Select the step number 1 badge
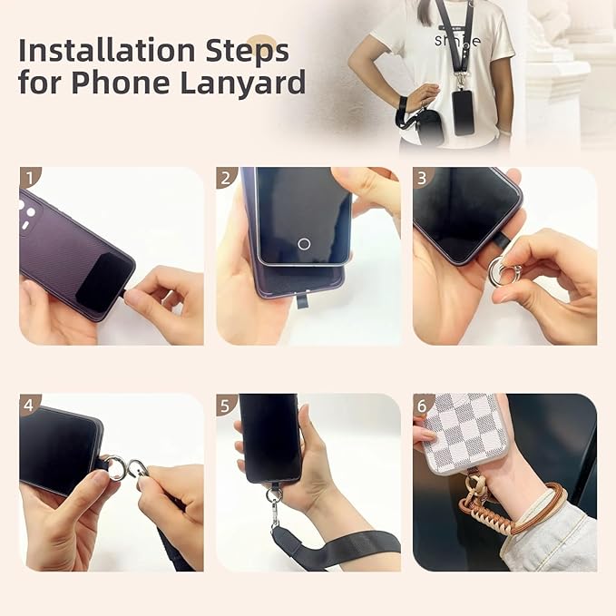tap(29, 177)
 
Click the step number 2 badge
tap(226, 177)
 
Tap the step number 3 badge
tap(423, 177)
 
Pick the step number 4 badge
tap(29, 405)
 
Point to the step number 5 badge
tap(226, 405)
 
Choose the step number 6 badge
tap(423, 405)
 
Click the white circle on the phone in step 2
tap(304, 243)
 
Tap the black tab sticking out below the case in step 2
tap(302, 298)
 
